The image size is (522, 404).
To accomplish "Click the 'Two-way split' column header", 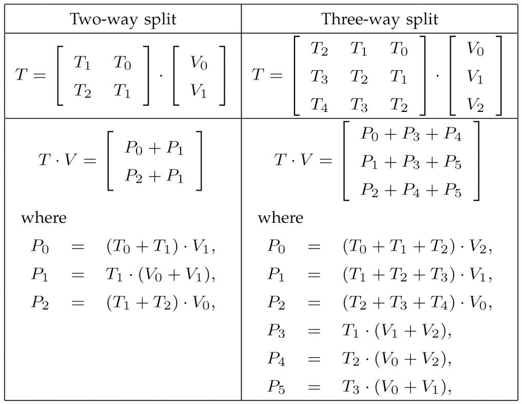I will (123, 20).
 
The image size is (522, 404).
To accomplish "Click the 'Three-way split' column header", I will (380, 20).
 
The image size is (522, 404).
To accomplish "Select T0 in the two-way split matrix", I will (122, 63).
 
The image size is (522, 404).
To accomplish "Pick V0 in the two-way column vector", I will (199, 63).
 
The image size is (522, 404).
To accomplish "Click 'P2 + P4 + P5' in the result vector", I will (411, 190).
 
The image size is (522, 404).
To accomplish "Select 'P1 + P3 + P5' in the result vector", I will (411, 163).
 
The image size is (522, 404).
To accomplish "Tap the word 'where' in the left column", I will (44, 218).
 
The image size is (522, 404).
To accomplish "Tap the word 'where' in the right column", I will (280, 218).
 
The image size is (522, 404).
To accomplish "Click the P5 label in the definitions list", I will (276, 387).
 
